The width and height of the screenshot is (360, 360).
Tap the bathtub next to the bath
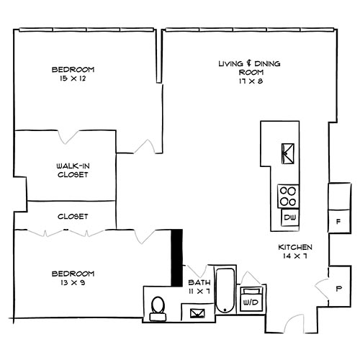pos(225,291)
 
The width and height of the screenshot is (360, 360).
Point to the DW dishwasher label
pos(289,217)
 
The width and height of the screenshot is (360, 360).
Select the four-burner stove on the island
pos(288,195)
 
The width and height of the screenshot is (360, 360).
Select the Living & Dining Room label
pos(249,68)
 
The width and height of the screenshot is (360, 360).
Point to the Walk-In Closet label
pos(72,170)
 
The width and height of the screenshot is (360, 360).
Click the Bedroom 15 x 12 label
pos(73,73)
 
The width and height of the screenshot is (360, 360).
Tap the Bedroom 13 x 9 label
pos(73,278)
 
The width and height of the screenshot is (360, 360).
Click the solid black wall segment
pos(176,258)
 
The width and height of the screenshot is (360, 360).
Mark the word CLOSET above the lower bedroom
pos(73,216)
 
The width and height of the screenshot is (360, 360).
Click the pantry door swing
pos(320,288)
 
